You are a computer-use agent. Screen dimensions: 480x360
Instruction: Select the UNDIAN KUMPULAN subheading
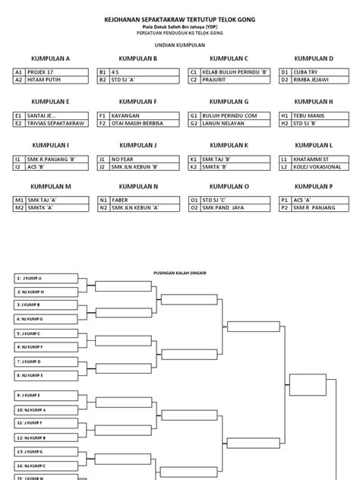180,44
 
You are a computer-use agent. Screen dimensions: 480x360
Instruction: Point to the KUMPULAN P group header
314,186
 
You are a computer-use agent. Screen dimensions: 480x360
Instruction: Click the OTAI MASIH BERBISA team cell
137,122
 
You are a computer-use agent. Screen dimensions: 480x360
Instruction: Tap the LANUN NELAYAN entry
226,122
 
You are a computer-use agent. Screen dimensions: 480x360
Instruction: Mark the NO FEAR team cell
137,158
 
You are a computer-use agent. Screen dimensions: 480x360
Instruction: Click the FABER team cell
137,201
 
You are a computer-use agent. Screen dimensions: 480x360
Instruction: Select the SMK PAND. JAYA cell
226,208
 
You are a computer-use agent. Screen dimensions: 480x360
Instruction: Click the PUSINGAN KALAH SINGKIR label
180,270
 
